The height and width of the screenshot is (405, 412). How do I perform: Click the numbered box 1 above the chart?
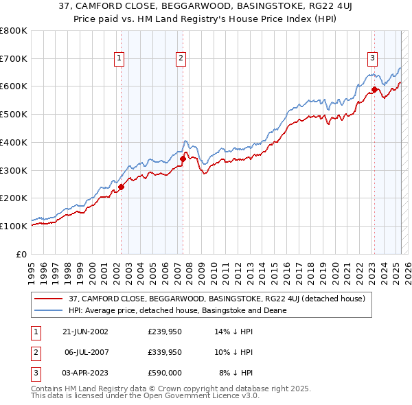(x=119, y=59)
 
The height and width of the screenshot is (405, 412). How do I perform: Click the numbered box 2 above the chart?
(x=181, y=59)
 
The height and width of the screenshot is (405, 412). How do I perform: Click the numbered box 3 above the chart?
(x=372, y=59)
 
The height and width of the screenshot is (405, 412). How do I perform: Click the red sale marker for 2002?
(x=121, y=186)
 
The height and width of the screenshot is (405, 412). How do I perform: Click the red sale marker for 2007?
(x=183, y=159)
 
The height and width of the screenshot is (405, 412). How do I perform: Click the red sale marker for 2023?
(x=374, y=89)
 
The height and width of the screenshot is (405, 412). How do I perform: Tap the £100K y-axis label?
(x=14, y=226)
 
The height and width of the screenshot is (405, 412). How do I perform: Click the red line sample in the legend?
(x=48, y=299)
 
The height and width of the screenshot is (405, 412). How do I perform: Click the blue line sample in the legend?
(x=48, y=310)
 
